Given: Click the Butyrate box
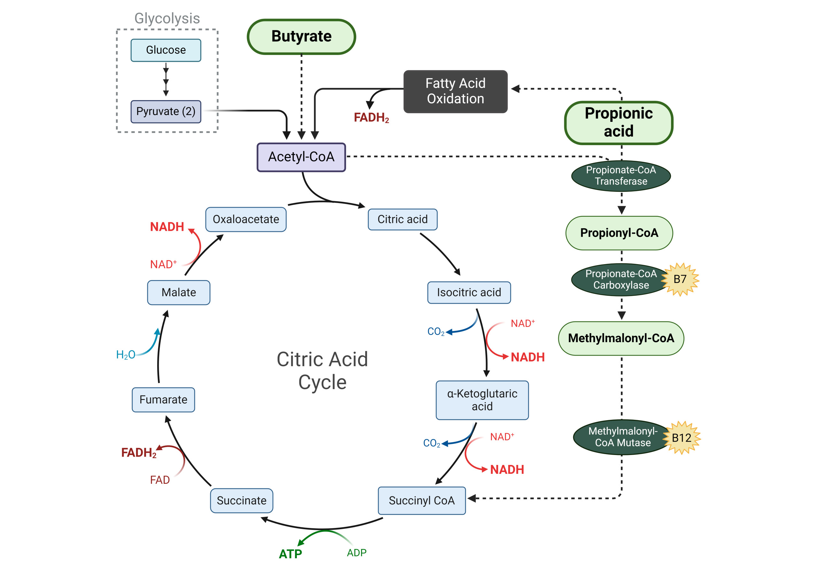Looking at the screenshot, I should pos(301,37).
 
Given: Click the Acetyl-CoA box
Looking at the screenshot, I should pos(301,157).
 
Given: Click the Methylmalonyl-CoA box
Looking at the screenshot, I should pos(621,338).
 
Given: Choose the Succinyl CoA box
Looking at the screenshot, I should pos(421,500).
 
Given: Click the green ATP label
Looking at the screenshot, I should pos(290,554).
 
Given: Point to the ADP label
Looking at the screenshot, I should pos(356,553).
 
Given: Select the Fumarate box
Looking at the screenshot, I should pos(163,399).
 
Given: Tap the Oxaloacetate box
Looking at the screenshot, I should pos(245,219).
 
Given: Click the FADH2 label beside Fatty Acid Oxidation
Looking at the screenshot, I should pos(371,118).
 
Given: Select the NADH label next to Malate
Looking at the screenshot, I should pos(167,227).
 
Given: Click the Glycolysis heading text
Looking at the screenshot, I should pos(167,19).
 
